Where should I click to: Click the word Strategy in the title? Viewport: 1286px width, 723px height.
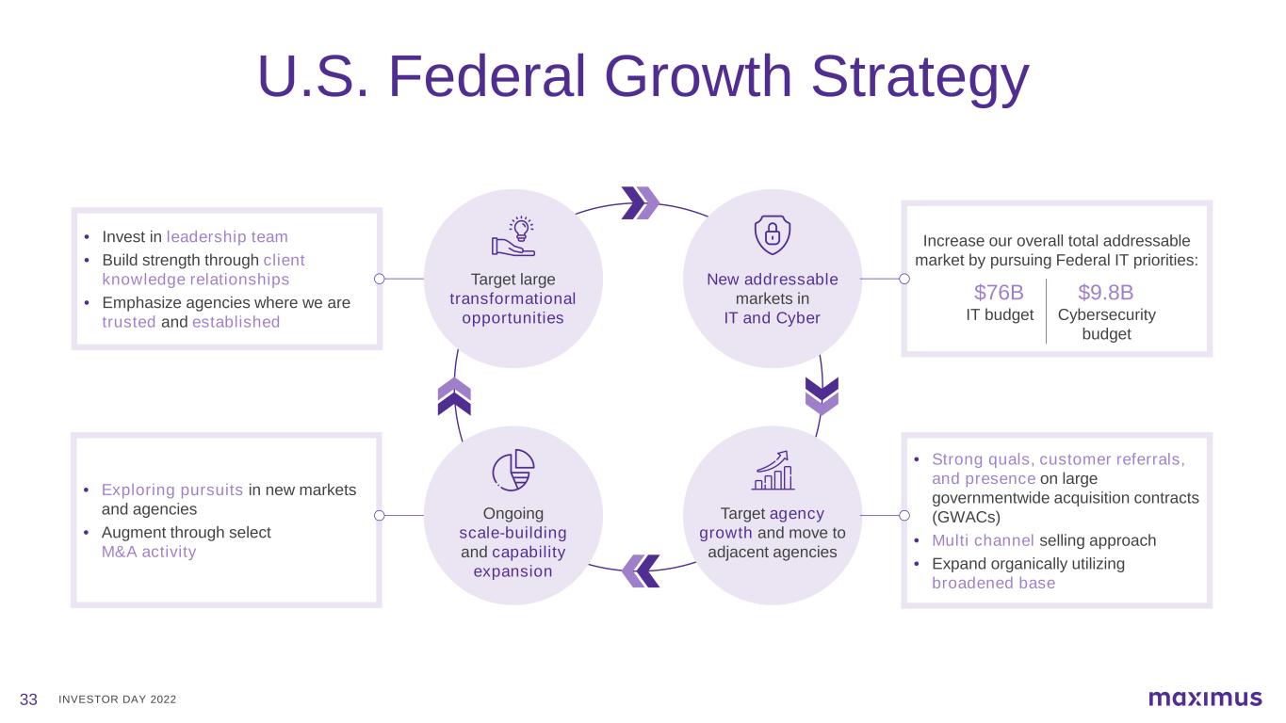[x=920, y=79]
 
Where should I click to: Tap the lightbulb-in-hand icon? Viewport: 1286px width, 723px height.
[x=513, y=236]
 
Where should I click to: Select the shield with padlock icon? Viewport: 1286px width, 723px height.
[x=773, y=234]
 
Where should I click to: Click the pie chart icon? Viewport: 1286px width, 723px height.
[x=513, y=470]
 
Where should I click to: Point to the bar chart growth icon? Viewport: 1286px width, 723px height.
[x=773, y=470]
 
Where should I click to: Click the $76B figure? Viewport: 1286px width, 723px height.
[x=999, y=293]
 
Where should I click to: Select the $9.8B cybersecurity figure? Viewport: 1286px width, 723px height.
[x=1106, y=293]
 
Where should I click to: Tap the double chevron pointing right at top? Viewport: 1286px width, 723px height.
[x=640, y=202]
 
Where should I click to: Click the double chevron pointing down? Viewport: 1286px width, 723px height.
[x=822, y=396]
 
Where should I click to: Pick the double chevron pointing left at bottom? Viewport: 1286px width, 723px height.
[x=640, y=570]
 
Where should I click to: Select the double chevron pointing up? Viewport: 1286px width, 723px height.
[x=454, y=396]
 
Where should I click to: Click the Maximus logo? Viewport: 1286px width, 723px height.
[x=1205, y=699]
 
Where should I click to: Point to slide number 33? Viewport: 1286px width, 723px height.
[x=28, y=699]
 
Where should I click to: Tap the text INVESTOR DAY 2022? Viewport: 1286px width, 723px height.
[x=117, y=699]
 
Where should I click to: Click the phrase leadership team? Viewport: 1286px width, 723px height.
[x=227, y=236]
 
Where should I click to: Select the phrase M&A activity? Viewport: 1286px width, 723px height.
[x=149, y=552]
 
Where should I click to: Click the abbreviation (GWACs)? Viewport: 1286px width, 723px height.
[x=966, y=517]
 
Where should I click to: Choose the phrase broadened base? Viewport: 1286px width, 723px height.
[x=993, y=583]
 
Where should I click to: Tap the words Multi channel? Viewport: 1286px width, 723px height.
[x=983, y=540]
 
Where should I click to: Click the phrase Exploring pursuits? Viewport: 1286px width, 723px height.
[x=172, y=490]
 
